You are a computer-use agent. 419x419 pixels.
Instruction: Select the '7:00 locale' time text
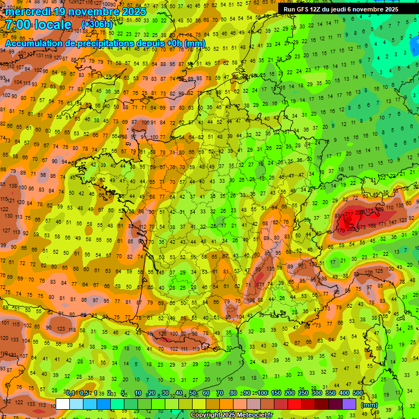38,25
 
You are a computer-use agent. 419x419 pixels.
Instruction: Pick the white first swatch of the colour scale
62,404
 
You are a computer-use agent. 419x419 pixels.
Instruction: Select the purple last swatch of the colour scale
349,404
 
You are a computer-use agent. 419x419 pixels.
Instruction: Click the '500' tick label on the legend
357,393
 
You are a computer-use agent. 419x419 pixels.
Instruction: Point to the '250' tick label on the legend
303,393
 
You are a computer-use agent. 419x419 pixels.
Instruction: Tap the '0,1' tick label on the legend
70,393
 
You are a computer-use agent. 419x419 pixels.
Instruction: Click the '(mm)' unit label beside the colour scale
369,405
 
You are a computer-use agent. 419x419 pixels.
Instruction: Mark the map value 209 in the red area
361,212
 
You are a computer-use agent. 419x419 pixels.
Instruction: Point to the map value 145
160,272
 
